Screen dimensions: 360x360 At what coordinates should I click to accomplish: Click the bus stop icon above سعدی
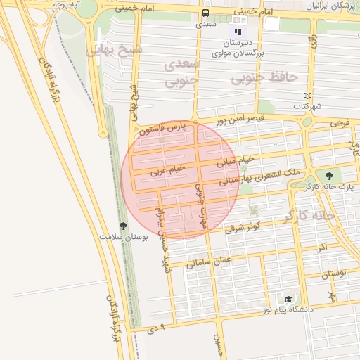(x=205, y=13)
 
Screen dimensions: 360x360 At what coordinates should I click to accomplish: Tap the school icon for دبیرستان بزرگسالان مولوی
(x=238, y=31)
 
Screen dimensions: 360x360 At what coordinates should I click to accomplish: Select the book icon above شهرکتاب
(x=306, y=96)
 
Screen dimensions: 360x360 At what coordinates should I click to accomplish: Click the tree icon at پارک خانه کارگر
(x=329, y=176)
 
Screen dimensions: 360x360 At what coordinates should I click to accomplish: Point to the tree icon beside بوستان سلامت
(x=124, y=226)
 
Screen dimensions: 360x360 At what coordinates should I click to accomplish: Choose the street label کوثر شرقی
(x=243, y=226)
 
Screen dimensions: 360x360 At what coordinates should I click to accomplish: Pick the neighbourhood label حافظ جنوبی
(x=295, y=75)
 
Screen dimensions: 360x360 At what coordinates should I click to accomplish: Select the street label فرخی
(x=340, y=122)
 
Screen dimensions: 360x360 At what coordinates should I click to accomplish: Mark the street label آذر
(x=321, y=247)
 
